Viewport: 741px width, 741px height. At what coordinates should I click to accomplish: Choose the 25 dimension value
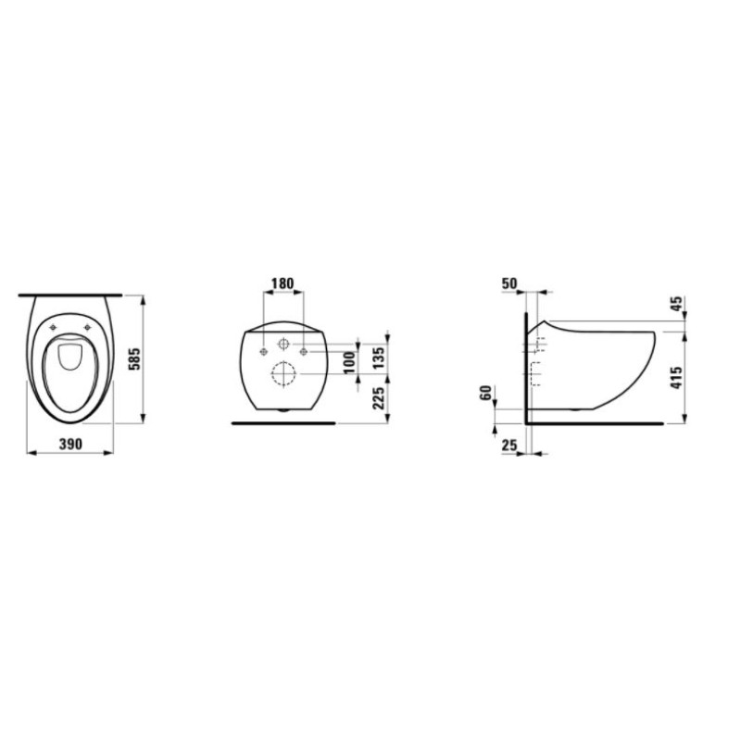coord(509,446)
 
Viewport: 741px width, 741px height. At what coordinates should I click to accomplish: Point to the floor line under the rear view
coord(283,422)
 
